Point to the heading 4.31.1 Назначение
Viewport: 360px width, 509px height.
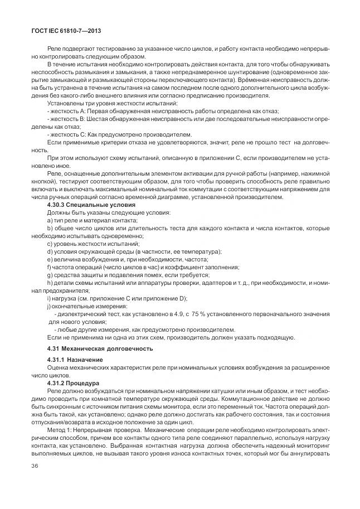(x=75, y=360)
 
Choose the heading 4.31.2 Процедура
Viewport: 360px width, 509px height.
(x=73, y=384)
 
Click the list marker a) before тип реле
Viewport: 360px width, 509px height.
(x=50, y=221)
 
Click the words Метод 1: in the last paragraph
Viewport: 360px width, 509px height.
(x=61, y=431)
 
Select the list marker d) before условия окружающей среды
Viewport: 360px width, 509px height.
(x=50, y=252)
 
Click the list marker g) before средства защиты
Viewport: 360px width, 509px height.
(x=50, y=275)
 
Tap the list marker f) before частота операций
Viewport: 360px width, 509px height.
(x=49, y=267)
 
